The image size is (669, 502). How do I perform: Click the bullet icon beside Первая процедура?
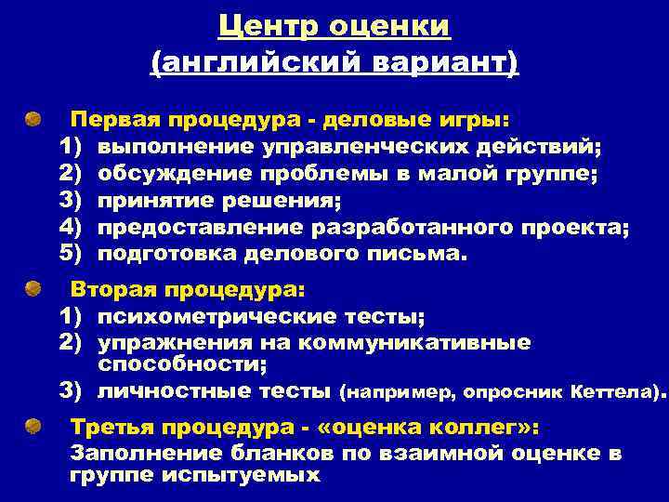click(x=33, y=120)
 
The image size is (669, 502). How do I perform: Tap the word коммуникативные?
click(x=428, y=342)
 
